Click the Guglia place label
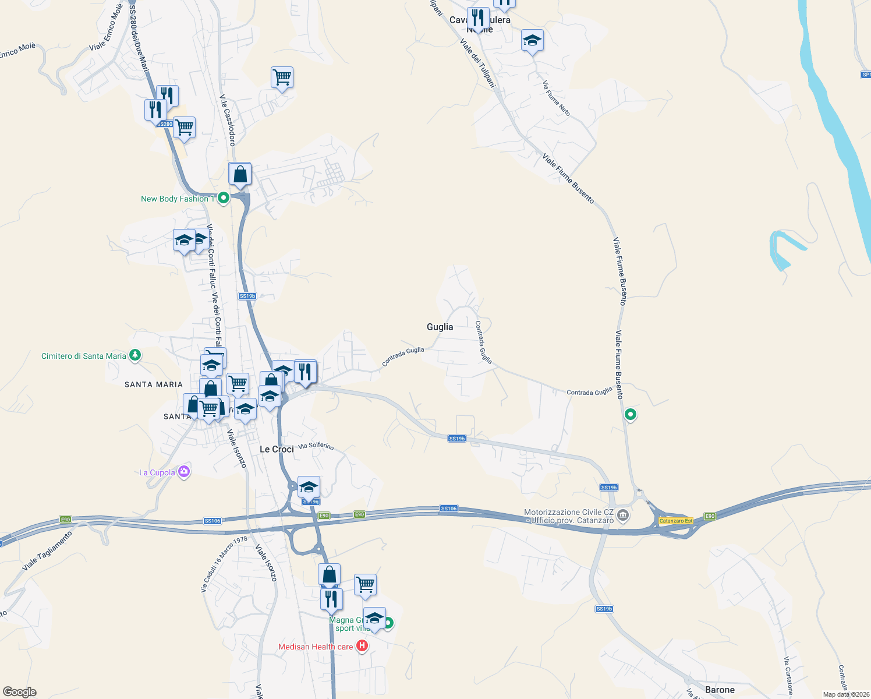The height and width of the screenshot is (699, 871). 440,327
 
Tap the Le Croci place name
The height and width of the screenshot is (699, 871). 277,449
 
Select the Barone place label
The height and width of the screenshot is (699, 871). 720,690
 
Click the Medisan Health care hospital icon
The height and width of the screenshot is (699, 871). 362,646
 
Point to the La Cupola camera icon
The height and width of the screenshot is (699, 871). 184,472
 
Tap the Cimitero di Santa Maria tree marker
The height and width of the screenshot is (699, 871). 135,355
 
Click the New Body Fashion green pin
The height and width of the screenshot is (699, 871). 223,198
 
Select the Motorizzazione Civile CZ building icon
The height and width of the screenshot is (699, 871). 623,515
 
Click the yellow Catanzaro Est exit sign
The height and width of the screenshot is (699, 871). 676,521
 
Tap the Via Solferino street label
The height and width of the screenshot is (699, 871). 316,446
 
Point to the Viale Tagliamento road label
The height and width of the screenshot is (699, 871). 47,550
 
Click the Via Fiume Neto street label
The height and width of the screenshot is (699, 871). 557,98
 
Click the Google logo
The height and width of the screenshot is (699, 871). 20,692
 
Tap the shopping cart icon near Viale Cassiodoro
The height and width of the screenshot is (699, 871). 282,77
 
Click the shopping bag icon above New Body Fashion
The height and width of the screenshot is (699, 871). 240,174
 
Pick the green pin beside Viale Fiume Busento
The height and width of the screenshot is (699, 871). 630,415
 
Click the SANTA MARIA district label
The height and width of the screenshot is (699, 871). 154,384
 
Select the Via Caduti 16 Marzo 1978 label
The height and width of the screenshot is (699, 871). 224,564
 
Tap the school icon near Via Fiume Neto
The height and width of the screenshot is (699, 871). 532,41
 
